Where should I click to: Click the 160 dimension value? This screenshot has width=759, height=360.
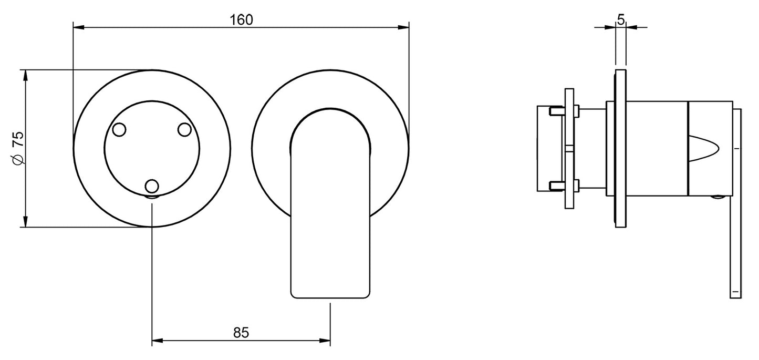pyautogui.click(x=242, y=20)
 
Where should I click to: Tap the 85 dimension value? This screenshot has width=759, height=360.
pyautogui.click(x=241, y=333)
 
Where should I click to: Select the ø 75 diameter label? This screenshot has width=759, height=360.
pyautogui.click(x=18, y=149)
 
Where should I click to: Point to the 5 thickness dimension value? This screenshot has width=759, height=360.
pyautogui.click(x=621, y=20)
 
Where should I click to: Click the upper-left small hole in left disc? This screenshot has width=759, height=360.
pyautogui.click(x=119, y=130)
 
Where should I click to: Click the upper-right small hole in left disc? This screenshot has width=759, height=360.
pyautogui.click(x=185, y=130)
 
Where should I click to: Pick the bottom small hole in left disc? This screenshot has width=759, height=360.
pyautogui.click(x=152, y=186)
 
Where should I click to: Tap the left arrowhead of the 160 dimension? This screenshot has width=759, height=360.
pyautogui.click(x=79, y=27)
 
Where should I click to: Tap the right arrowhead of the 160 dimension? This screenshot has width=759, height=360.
pyautogui.click(x=403, y=27)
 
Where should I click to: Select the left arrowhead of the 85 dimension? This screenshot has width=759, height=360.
pyautogui.click(x=158, y=341)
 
